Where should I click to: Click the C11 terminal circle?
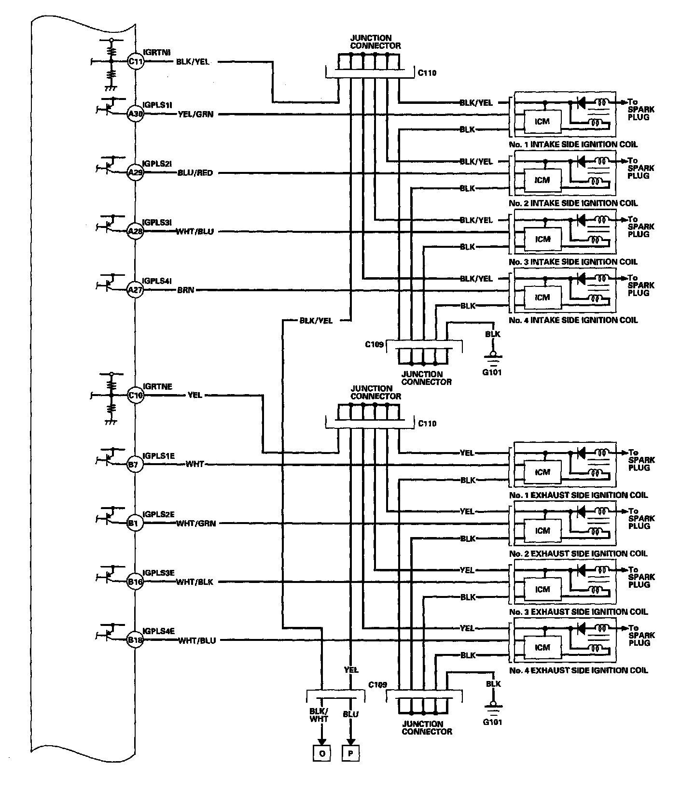coord(136,61)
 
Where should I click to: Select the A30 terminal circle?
coord(136,114)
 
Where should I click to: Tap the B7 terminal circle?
coord(135,465)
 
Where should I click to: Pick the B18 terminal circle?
coord(135,640)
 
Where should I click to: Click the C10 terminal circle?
coord(136,395)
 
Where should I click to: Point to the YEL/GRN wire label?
coord(195,114)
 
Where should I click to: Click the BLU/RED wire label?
coord(195,173)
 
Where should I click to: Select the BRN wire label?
coord(186,290)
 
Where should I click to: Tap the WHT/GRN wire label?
coord(196,523)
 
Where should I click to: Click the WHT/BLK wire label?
coord(195,582)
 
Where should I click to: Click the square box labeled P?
coord(351,754)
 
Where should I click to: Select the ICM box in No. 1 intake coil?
coord(542,121)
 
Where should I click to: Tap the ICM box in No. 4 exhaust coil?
coord(542,648)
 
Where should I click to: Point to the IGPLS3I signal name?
coord(157,223)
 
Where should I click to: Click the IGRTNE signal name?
coord(157,387)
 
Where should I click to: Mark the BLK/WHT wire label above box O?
coord(319,715)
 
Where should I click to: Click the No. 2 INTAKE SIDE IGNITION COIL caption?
coord(573,203)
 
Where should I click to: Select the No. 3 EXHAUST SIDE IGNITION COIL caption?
coord(578,612)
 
